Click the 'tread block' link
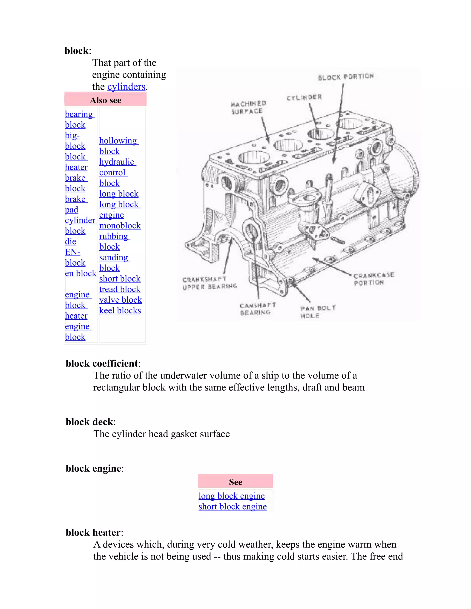pyautogui.click(x=120, y=289)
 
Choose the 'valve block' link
pyautogui.click(x=121, y=300)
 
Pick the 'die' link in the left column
pyautogui.click(x=71, y=241)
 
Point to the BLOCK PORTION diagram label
pyautogui.click(x=346, y=77)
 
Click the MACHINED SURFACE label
pyautogui.click(x=248, y=108)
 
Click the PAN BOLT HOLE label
pyautogui.click(x=318, y=312)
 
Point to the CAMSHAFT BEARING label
pyautogui.click(x=257, y=309)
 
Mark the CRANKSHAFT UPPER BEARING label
pyautogui.click(x=210, y=283)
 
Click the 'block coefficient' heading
pyautogui.click(x=102, y=363)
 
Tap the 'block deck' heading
pyautogui.click(x=89, y=422)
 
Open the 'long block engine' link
pyautogui.click(x=232, y=495)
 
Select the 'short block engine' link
pyautogui.click(x=233, y=506)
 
